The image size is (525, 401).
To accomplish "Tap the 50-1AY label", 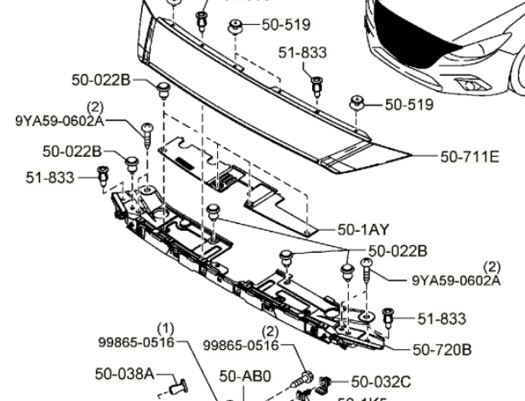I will point(363,229).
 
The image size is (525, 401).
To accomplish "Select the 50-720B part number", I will point(442,349).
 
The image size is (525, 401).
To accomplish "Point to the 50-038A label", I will point(124,373).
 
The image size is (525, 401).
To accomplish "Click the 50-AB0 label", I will point(245,375).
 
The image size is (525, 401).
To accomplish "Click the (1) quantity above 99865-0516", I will point(167,327).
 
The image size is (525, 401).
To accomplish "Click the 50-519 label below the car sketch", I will point(409,105).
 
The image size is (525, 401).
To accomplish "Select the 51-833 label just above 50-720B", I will point(442,319).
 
